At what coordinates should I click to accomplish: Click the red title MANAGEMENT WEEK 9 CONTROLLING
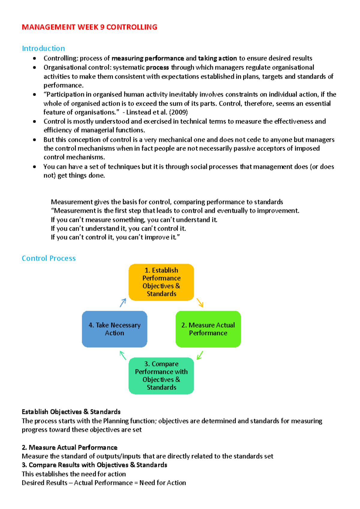pos(89,27)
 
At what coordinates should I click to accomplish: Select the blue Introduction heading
pos(43,49)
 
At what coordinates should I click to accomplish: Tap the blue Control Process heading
pos(49,258)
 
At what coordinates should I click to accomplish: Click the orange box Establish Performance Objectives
pos(161,282)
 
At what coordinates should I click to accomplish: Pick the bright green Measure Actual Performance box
pos(208,329)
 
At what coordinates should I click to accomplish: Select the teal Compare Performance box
pos(161,376)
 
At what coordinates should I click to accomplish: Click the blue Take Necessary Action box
pos(114,329)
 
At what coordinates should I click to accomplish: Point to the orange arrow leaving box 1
pos(200,303)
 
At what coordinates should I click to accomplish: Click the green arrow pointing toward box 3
pos(200,355)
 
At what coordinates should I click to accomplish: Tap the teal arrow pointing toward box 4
pos(123,355)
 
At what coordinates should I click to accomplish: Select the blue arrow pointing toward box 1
pos(123,303)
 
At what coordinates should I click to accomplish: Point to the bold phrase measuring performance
pos(148,58)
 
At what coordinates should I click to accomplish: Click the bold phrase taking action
pos(217,58)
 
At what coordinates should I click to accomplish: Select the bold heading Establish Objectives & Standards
pos(71,412)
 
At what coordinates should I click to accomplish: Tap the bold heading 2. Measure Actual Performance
pos(70,448)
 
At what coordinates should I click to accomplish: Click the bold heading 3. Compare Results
pos(94,465)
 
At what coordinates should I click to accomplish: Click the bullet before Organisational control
pos(34,67)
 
